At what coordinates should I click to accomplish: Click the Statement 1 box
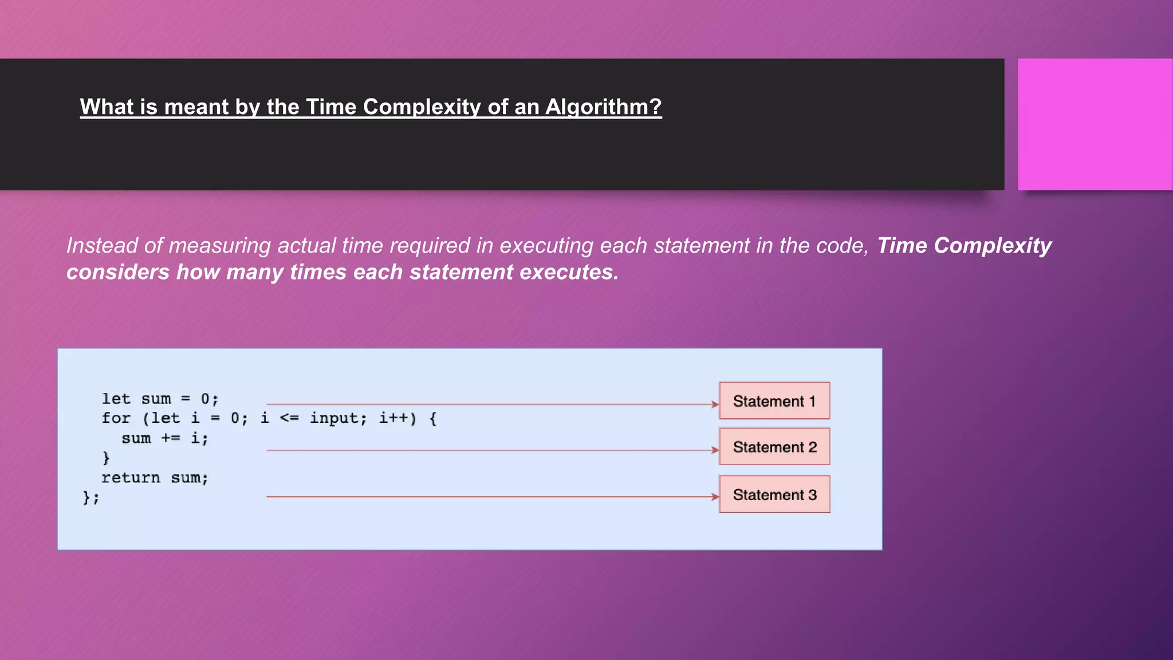pyautogui.click(x=774, y=401)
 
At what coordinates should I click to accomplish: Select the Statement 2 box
pyautogui.click(x=774, y=447)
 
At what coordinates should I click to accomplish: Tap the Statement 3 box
pyautogui.click(x=774, y=494)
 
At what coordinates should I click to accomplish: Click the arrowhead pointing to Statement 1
pyautogui.click(x=715, y=404)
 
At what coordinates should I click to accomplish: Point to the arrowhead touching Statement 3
pyautogui.click(x=715, y=497)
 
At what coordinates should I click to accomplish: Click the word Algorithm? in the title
pyautogui.click(x=603, y=107)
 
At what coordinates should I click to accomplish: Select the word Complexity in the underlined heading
pyautogui.click(x=422, y=107)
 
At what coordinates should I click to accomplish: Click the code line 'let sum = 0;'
pyautogui.click(x=160, y=399)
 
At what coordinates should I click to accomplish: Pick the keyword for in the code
pyautogui.click(x=116, y=418)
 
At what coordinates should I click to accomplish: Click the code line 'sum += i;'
pyautogui.click(x=165, y=438)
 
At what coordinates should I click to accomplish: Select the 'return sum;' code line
pyautogui.click(x=155, y=478)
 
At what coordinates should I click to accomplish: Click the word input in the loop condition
pyautogui.click(x=338, y=418)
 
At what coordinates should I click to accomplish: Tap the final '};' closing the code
pyautogui.click(x=91, y=497)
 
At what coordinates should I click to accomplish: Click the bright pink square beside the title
pyautogui.click(x=1095, y=124)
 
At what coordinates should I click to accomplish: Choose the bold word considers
pyautogui.click(x=117, y=272)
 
